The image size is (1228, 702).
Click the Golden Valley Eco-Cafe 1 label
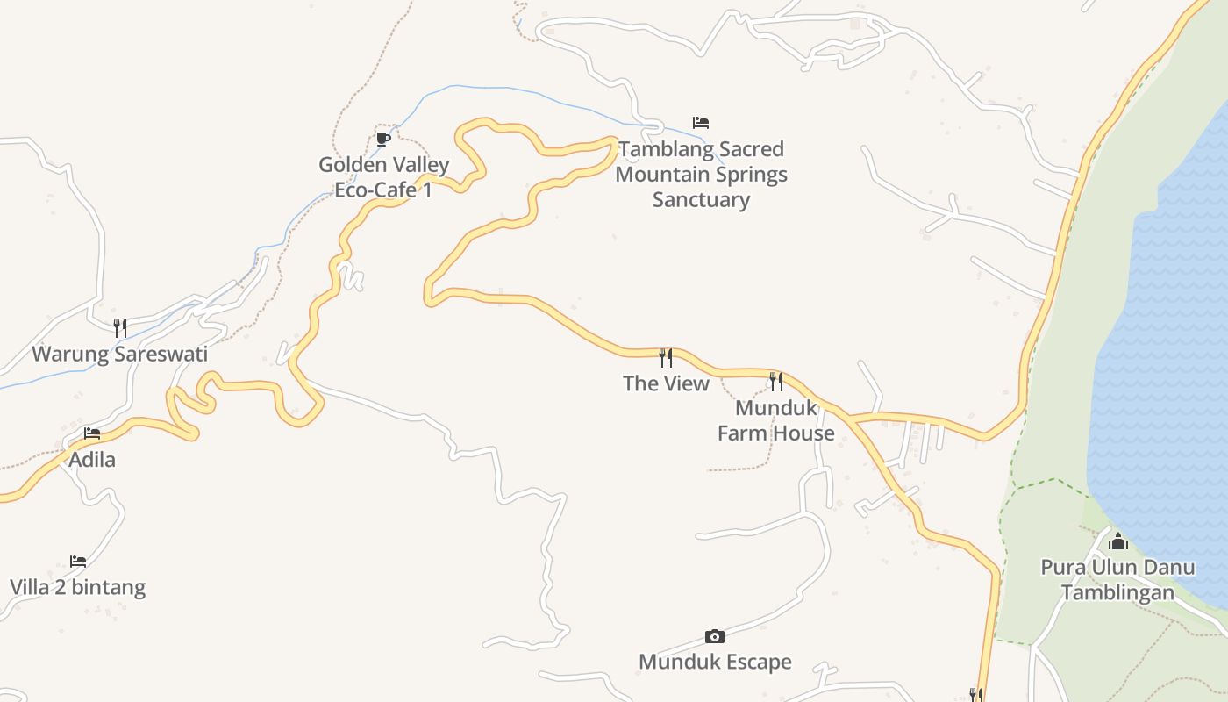tap(383, 177)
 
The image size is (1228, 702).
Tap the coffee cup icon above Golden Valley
tap(383, 139)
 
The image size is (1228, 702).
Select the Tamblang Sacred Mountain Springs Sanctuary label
tap(701, 174)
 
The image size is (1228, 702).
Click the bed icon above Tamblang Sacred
tap(701, 123)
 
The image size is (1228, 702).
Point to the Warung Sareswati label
tap(120, 355)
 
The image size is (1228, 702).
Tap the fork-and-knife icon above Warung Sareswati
tap(120, 328)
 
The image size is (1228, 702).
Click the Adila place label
tap(92, 460)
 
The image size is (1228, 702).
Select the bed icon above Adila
tap(92, 433)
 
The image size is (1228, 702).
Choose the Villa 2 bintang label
tap(78, 587)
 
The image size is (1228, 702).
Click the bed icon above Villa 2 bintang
tap(78, 562)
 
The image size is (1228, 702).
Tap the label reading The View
tap(666, 383)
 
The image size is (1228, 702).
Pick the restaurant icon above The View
tap(666, 357)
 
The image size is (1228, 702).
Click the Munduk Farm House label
tap(776, 420)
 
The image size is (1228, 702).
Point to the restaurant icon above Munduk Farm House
tap(776, 381)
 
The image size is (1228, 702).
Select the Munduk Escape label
tap(715, 662)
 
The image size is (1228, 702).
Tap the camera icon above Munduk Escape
tap(715, 636)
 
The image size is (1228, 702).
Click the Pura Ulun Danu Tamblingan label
tap(1117, 579)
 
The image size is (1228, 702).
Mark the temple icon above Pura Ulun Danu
tap(1117, 541)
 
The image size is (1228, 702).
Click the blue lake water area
tap(1167, 351)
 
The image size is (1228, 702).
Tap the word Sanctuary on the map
tap(701, 199)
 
